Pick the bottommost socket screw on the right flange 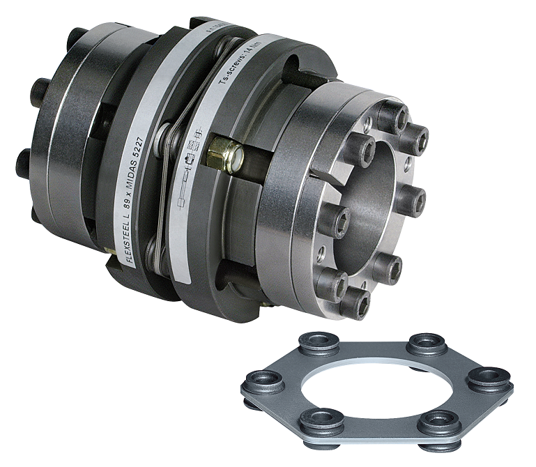tap(357, 301)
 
